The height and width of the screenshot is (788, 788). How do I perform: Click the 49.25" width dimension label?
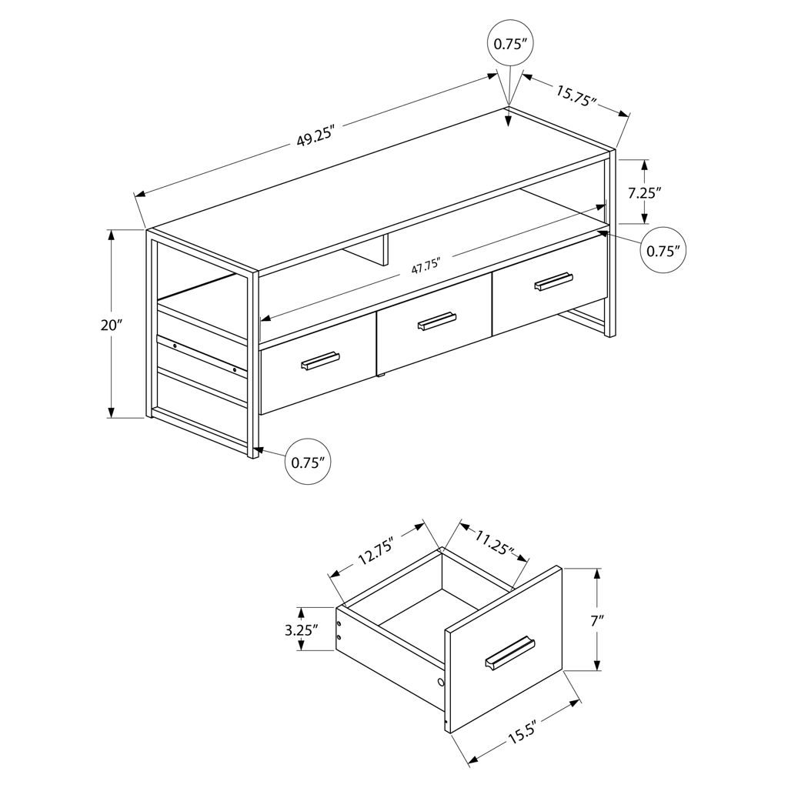(x=316, y=136)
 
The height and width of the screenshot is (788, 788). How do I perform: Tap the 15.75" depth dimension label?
(x=576, y=95)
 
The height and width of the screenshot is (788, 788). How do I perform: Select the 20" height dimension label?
(x=112, y=326)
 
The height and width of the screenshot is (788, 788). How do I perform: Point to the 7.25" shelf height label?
(x=644, y=192)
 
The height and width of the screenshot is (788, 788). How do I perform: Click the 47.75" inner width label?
(x=426, y=265)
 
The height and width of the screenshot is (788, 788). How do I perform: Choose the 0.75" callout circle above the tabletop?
(x=510, y=44)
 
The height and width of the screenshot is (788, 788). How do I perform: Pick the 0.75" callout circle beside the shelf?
(x=663, y=251)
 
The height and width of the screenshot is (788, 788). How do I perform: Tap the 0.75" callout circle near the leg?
(x=308, y=462)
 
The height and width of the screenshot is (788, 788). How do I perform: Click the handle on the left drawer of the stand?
(x=321, y=361)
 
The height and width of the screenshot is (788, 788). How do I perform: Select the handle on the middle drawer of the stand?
(x=437, y=321)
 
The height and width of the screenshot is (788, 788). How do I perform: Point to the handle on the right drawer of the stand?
(x=553, y=281)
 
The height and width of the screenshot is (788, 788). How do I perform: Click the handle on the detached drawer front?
(x=510, y=653)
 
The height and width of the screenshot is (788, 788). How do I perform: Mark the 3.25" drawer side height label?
(x=302, y=629)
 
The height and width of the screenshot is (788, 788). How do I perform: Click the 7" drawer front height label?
(x=597, y=621)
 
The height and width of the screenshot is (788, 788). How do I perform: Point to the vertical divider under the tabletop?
(x=385, y=250)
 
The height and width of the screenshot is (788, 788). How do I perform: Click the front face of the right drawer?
(x=550, y=285)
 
